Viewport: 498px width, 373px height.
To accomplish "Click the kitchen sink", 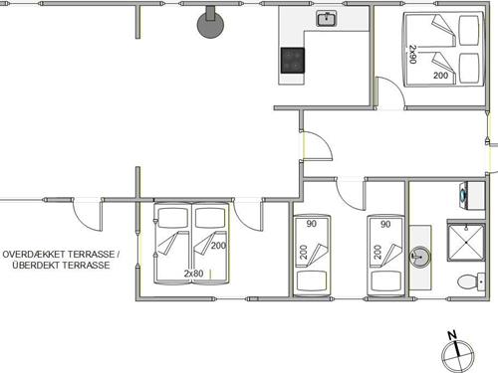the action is (x=327, y=18).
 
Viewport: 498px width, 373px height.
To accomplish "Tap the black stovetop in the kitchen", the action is (x=293, y=61).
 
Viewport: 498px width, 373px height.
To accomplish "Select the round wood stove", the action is (x=210, y=23).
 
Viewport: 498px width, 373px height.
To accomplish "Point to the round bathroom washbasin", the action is (x=420, y=257).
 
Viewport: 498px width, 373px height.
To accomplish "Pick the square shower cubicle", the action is (x=466, y=243).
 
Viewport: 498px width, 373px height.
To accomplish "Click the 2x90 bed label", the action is (x=412, y=55).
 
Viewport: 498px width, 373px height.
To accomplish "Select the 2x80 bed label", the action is (x=193, y=274).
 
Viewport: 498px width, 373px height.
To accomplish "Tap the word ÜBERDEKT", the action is (x=33, y=266).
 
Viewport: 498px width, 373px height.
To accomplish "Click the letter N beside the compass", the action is (x=452, y=335).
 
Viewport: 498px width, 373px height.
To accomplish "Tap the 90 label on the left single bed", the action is (x=311, y=224).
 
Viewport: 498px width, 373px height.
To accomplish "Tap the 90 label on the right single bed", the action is (x=385, y=225).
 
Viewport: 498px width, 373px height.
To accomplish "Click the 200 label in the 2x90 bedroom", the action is (x=440, y=76).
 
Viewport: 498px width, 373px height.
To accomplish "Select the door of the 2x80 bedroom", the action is (x=248, y=216).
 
